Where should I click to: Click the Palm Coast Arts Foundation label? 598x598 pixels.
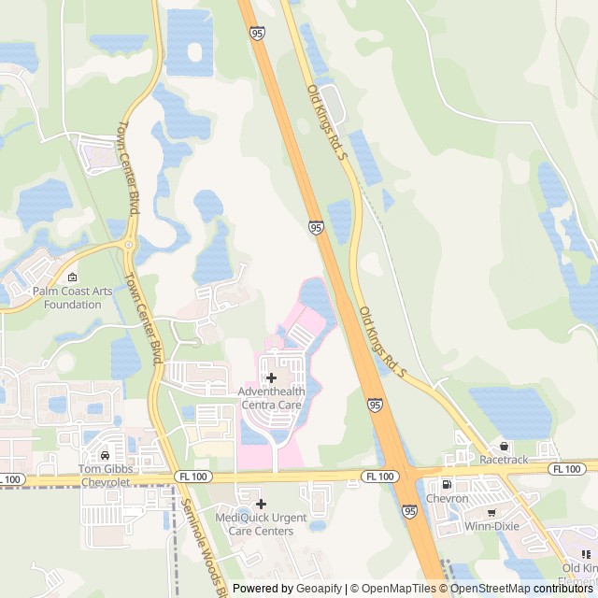tap(73, 297)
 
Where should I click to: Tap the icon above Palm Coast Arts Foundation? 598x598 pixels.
tap(73, 277)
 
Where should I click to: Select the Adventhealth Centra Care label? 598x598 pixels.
tap(271, 399)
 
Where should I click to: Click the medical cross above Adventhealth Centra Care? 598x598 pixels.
tap(271, 377)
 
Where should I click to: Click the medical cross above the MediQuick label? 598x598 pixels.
tap(261, 504)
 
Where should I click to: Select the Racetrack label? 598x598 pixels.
tap(504, 460)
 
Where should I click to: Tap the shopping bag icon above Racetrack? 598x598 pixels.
tap(505, 446)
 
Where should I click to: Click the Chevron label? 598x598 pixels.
tap(447, 498)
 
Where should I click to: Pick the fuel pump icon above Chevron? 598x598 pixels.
tap(446, 484)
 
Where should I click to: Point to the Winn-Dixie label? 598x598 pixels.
tap(492, 526)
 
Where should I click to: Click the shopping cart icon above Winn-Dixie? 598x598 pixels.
tap(491, 512)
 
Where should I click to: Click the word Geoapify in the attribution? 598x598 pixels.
tap(318, 589)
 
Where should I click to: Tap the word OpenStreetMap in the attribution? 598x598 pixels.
tap(490, 589)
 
